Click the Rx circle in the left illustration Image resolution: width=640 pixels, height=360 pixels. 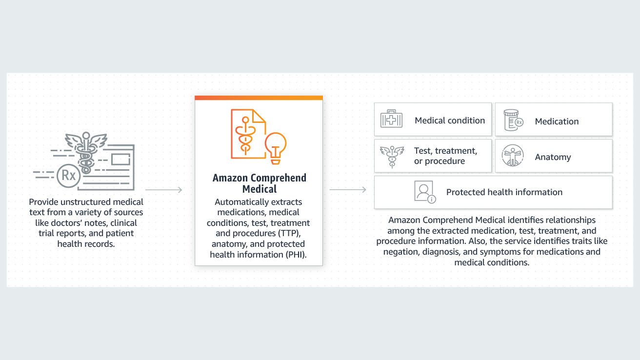point(69,176)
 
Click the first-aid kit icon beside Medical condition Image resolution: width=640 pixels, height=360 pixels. point(391,119)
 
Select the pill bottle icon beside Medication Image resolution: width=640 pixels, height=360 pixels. point(513,120)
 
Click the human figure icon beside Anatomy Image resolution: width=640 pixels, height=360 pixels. point(513,156)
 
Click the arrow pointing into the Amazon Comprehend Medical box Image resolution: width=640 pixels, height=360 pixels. point(164,189)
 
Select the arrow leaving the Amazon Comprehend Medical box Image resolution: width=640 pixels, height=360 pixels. point(348,189)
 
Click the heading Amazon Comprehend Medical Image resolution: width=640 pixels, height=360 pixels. point(259,183)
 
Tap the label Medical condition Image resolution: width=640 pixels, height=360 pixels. point(450,120)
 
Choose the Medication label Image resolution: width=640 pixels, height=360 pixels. point(557,121)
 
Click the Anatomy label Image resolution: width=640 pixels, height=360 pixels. point(553,157)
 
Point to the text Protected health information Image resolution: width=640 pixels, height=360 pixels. point(504,192)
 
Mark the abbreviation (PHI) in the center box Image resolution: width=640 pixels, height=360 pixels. point(296,255)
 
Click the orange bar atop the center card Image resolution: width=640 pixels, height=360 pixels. point(259,98)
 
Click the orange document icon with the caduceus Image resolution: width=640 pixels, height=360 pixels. point(248,134)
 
